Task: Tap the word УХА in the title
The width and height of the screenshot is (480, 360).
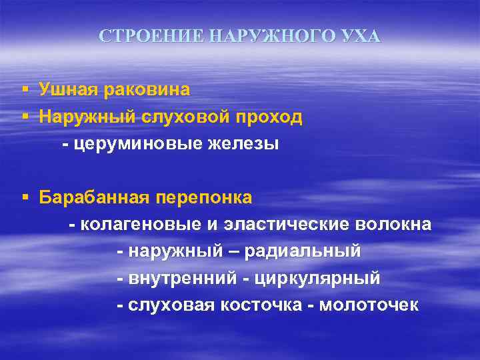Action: (361, 36)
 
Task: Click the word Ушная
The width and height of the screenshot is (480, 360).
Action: (68, 89)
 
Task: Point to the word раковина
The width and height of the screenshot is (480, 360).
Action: (146, 89)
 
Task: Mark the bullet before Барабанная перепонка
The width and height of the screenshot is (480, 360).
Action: (24, 198)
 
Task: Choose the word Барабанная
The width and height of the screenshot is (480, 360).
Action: (95, 198)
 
